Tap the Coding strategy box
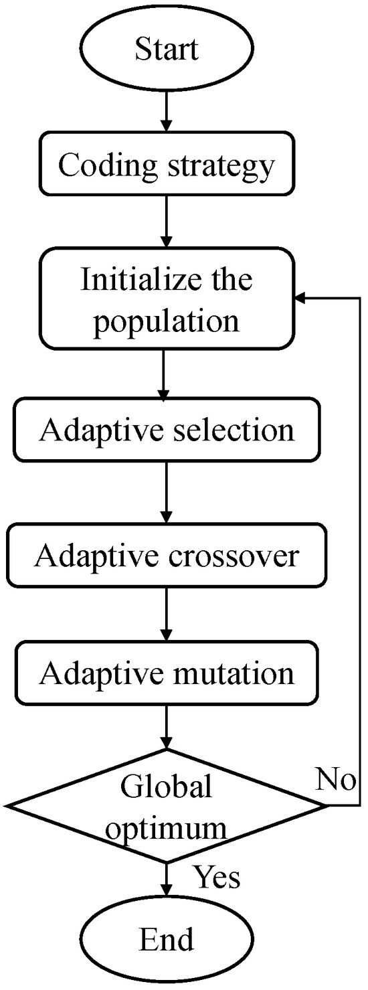[x=167, y=166]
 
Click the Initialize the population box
[x=167, y=300]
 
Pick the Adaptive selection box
[x=167, y=429]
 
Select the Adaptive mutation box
[x=167, y=673]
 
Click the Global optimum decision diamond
[x=167, y=806]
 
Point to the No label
[x=336, y=780]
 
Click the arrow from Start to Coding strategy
[x=167, y=112]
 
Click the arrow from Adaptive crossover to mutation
[x=167, y=614]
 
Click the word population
[x=167, y=321]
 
